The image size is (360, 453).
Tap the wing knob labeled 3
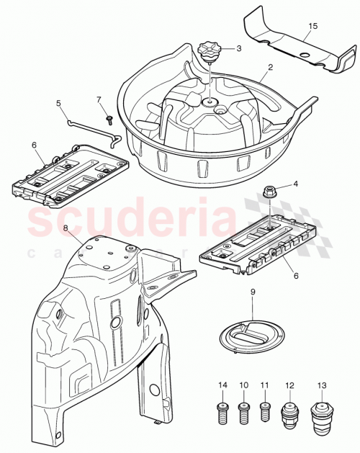click(208, 53)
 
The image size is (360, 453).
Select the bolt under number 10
click(243, 415)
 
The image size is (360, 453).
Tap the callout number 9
click(252, 292)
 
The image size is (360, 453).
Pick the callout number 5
click(58, 103)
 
